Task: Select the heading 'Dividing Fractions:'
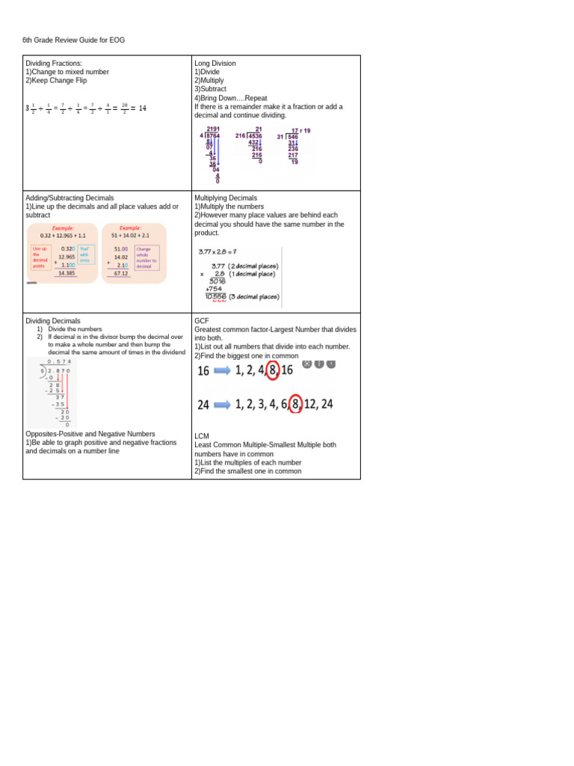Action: [54, 64]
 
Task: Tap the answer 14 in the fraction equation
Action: [143, 108]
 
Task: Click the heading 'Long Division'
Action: [215, 64]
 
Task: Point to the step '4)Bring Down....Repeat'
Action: [230, 98]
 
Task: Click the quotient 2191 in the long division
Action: [213, 129]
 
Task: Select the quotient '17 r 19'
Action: [300, 131]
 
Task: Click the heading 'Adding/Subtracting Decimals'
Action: [70, 198]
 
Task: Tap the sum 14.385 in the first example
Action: [67, 273]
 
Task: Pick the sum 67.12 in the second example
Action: [121, 273]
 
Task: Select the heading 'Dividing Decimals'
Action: [53, 321]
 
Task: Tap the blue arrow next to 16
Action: [223, 370]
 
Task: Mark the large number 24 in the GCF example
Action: [203, 405]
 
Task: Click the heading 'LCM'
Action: [202, 436]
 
